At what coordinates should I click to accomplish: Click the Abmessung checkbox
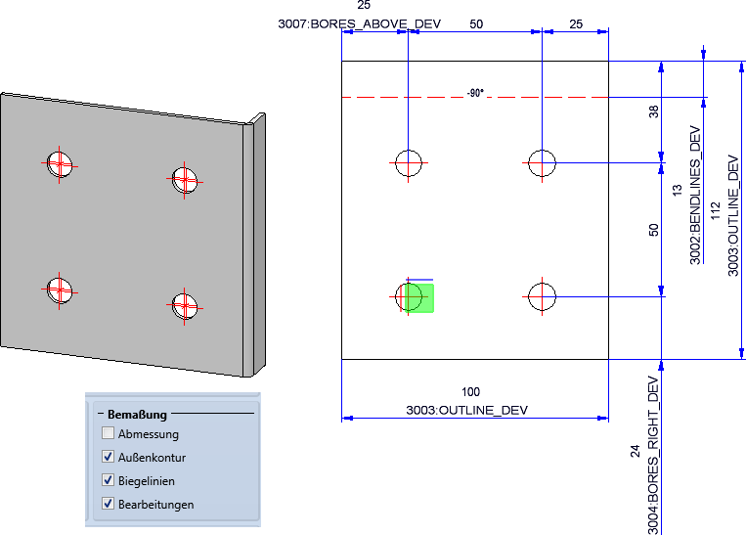pyautogui.click(x=108, y=433)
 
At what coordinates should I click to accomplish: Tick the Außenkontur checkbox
pyautogui.click(x=108, y=457)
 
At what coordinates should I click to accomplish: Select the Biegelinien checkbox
pyautogui.click(x=108, y=480)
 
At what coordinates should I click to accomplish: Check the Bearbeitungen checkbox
pyautogui.click(x=108, y=503)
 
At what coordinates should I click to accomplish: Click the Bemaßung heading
pyautogui.click(x=137, y=415)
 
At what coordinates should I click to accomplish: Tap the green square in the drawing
pyautogui.click(x=419, y=298)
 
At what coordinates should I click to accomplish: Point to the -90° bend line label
pyautogui.click(x=475, y=93)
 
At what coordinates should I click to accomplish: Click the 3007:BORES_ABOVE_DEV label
pyautogui.click(x=359, y=23)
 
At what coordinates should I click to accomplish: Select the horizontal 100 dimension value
pyautogui.click(x=470, y=392)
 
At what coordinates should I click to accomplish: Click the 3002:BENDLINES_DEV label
pyautogui.click(x=695, y=196)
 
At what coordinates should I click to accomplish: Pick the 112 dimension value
pyautogui.click(x=715, y=211)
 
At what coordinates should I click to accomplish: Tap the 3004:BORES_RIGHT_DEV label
pyautogui.click(x=653, y=456)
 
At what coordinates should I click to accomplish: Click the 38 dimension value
pyautogui.click(x=654, y=111)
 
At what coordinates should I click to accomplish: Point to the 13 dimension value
pyautogui.click(x=677, y=190)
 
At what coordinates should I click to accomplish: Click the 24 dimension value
pyautogui.click(x=636, y=451)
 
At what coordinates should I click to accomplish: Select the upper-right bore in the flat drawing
pyautogui.click(x=542, y=162)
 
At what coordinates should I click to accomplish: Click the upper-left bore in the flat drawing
pyautogui.click(x=409, y=162)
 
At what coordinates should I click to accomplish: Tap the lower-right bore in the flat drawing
pyautogui.click(x=542, y=296)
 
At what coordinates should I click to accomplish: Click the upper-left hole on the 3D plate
pyautogui.click(x=60, y=164)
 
